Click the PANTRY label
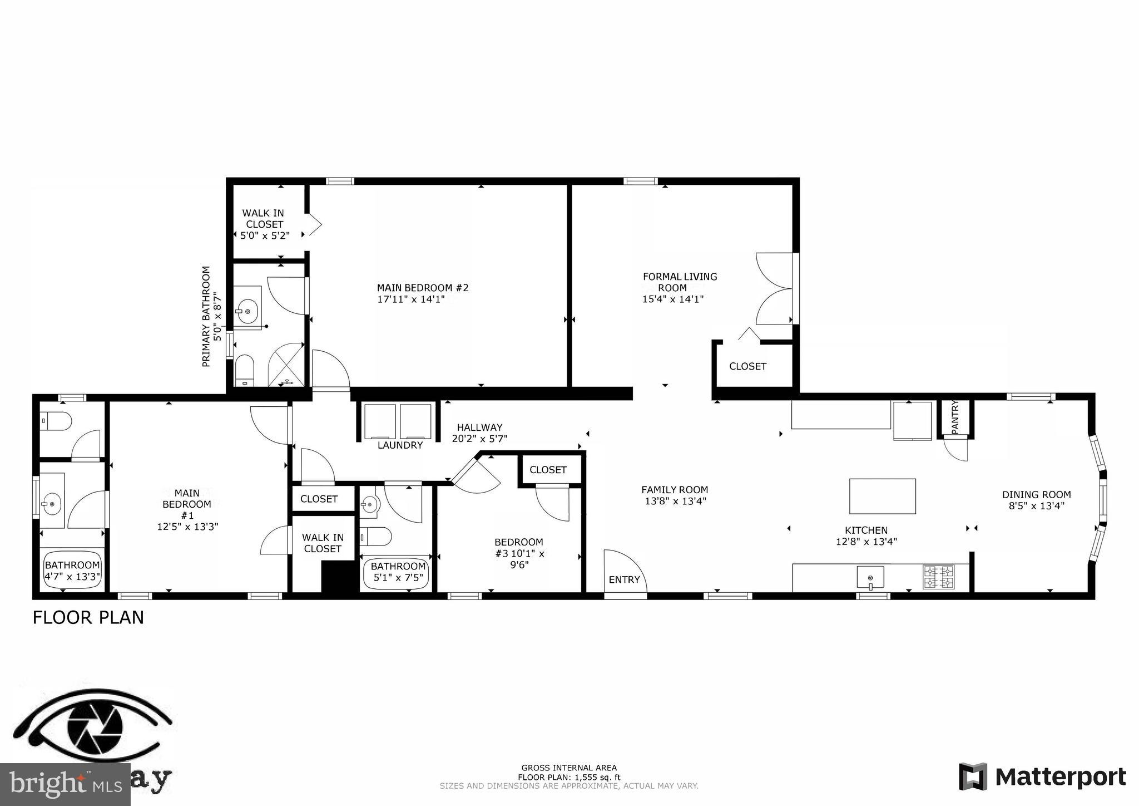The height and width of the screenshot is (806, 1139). (955, 417)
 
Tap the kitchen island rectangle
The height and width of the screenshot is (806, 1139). (882, 496)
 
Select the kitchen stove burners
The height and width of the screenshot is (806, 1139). (939, 577)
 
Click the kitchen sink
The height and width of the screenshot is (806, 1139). (870, 577)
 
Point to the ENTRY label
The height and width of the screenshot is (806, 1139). (624, 579)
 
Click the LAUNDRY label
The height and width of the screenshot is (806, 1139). (400, 445)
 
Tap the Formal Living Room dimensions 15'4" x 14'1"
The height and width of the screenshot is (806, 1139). (673, 299)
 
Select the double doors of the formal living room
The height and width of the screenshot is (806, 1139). (774, 288)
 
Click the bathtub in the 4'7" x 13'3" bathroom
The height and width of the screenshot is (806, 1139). (72, 571)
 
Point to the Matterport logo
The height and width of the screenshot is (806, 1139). (1043, 776)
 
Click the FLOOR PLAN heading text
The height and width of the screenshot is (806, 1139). (88, 618)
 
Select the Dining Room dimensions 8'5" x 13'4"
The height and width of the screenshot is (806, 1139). (1036, 506)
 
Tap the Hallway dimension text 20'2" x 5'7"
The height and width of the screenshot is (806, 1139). (479, 439)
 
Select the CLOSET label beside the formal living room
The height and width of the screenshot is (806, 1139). (747, 366)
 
